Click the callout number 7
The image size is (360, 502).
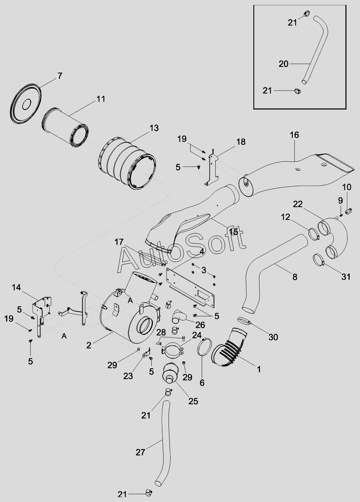(x=59, y=76)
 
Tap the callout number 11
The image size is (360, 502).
(x=101, y=99)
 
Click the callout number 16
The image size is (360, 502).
(x=294, y=135)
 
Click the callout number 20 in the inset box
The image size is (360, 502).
(x=283, y=64)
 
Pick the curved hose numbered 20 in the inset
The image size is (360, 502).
(x=315, y=50)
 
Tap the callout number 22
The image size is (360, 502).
(x=298, y=204)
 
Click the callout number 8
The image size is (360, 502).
(x=295, y=277)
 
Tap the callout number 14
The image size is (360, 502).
(x=16, y=288)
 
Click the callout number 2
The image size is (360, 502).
(x=89, y=345)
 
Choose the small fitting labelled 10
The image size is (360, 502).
(x=349, y=211)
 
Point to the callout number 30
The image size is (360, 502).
(x=273, y=337)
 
